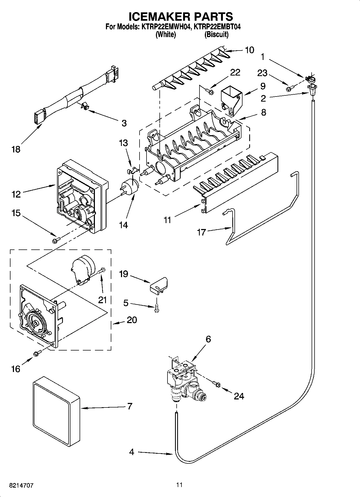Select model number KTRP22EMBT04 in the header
tap(217, 27)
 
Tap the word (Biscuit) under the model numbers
tap(216, 34)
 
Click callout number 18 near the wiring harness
tap(16, 149)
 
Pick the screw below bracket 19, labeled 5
tap(156, 308)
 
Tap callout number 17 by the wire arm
tap(201, 232)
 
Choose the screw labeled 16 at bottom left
tap(37, 354)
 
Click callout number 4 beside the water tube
tap(131, 452)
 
